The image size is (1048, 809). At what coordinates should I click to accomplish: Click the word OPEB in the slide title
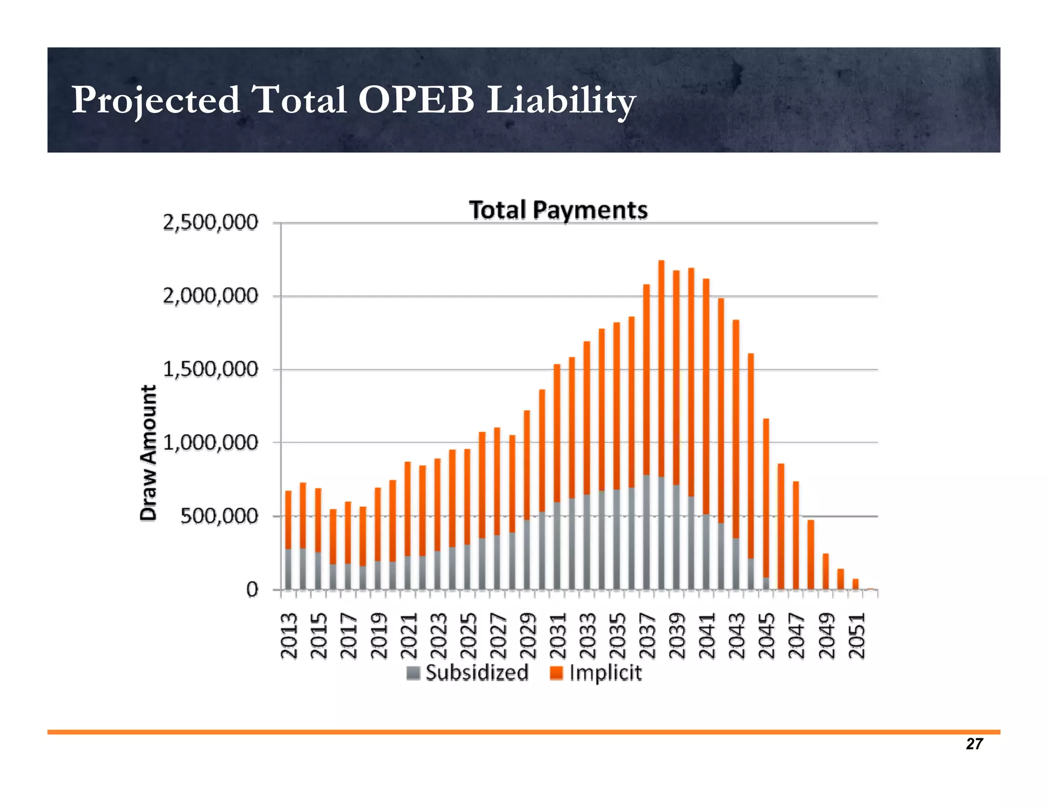(416, 100)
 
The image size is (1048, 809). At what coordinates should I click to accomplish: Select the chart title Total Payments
(558, 210)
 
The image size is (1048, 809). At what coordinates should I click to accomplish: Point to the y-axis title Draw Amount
(148, 453)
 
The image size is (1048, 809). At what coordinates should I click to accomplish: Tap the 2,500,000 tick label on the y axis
(210, 223)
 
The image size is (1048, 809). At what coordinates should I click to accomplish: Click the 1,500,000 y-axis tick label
(210, 369)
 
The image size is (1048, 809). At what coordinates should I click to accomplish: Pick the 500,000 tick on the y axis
(219, 516)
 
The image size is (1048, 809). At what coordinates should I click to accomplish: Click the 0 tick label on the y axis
(252, 590)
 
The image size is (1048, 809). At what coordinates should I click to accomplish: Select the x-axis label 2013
(289, 636)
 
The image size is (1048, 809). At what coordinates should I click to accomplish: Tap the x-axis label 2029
(528, 636)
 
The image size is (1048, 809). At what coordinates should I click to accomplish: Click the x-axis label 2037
(647, 636)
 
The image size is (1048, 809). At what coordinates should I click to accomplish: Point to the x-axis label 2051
(857, 636)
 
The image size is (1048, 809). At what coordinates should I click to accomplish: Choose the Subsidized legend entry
(468, 673)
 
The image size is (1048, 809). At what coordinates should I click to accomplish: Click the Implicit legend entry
(596, 673)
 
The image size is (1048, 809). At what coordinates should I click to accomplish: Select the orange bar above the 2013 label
(288, 519)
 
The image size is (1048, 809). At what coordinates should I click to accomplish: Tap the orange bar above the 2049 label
(825, 572)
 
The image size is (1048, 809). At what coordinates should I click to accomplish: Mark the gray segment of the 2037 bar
(646, 532)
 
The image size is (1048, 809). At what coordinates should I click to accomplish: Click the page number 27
(974, 744)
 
